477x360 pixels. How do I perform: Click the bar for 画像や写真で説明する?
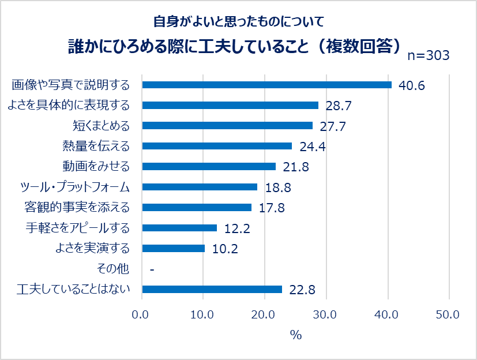[266, 85]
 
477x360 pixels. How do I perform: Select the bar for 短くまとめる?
[227, 126]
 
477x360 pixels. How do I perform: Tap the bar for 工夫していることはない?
[212, 290]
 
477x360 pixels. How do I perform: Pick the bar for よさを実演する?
[173, 249]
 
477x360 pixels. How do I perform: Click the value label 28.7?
[339, 106]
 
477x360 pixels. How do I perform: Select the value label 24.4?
[312, 147]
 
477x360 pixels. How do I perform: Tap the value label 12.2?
[236, 228]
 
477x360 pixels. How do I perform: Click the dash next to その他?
[151, 269]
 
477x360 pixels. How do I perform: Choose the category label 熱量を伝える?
[96, 146]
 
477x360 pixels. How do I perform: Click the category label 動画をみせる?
[96, 167]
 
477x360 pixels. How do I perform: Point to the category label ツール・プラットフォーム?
[74, 187]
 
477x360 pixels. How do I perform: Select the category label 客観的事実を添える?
[77, 208]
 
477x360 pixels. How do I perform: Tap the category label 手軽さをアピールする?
[77, 228]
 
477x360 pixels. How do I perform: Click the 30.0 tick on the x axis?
[326, 315]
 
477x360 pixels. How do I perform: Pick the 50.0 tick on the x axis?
[448, 315]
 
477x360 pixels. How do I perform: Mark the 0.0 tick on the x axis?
[141, 315]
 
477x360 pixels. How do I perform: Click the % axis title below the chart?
[296, 335]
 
